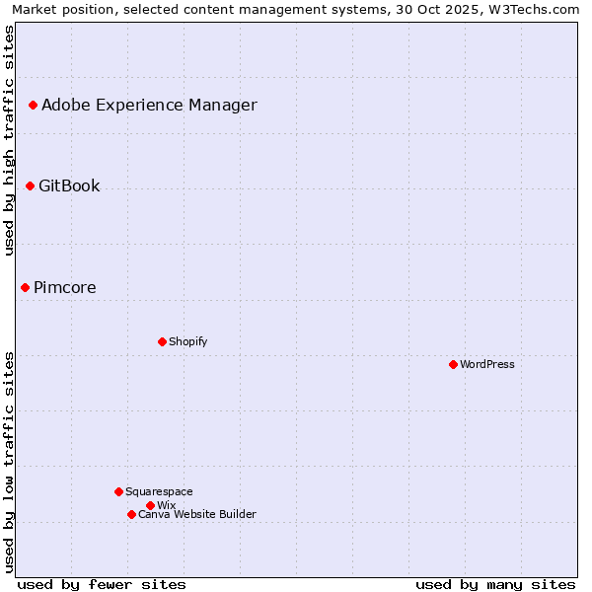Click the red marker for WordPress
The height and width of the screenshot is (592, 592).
(453, 364)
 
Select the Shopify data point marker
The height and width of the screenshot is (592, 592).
(162, 341)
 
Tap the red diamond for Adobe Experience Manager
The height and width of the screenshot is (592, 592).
(33, 105)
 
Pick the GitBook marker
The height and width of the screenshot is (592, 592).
(30, 185)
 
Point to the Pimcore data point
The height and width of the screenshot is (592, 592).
(25, 287)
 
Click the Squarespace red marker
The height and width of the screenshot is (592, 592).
(118, 491)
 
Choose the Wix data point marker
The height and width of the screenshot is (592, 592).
(150, 505)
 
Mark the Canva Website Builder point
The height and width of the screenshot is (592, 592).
(131, 514)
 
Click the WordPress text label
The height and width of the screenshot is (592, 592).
(487, 364)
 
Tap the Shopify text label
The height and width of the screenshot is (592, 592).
(187, 341)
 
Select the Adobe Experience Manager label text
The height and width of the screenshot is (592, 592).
(149, 105)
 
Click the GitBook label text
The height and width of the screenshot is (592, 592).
(69, 185)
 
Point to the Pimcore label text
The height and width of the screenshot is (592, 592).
(65, 287)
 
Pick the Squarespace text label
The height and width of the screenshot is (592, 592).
(159, 491)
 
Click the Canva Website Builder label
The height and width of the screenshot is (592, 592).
(197, 514)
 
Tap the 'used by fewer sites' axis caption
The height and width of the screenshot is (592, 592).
(102, 584)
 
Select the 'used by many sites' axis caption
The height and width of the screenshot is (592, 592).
(495, 584)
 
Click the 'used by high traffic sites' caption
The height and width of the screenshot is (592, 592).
(10, 141)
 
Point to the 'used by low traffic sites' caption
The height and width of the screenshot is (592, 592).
(10, 462)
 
